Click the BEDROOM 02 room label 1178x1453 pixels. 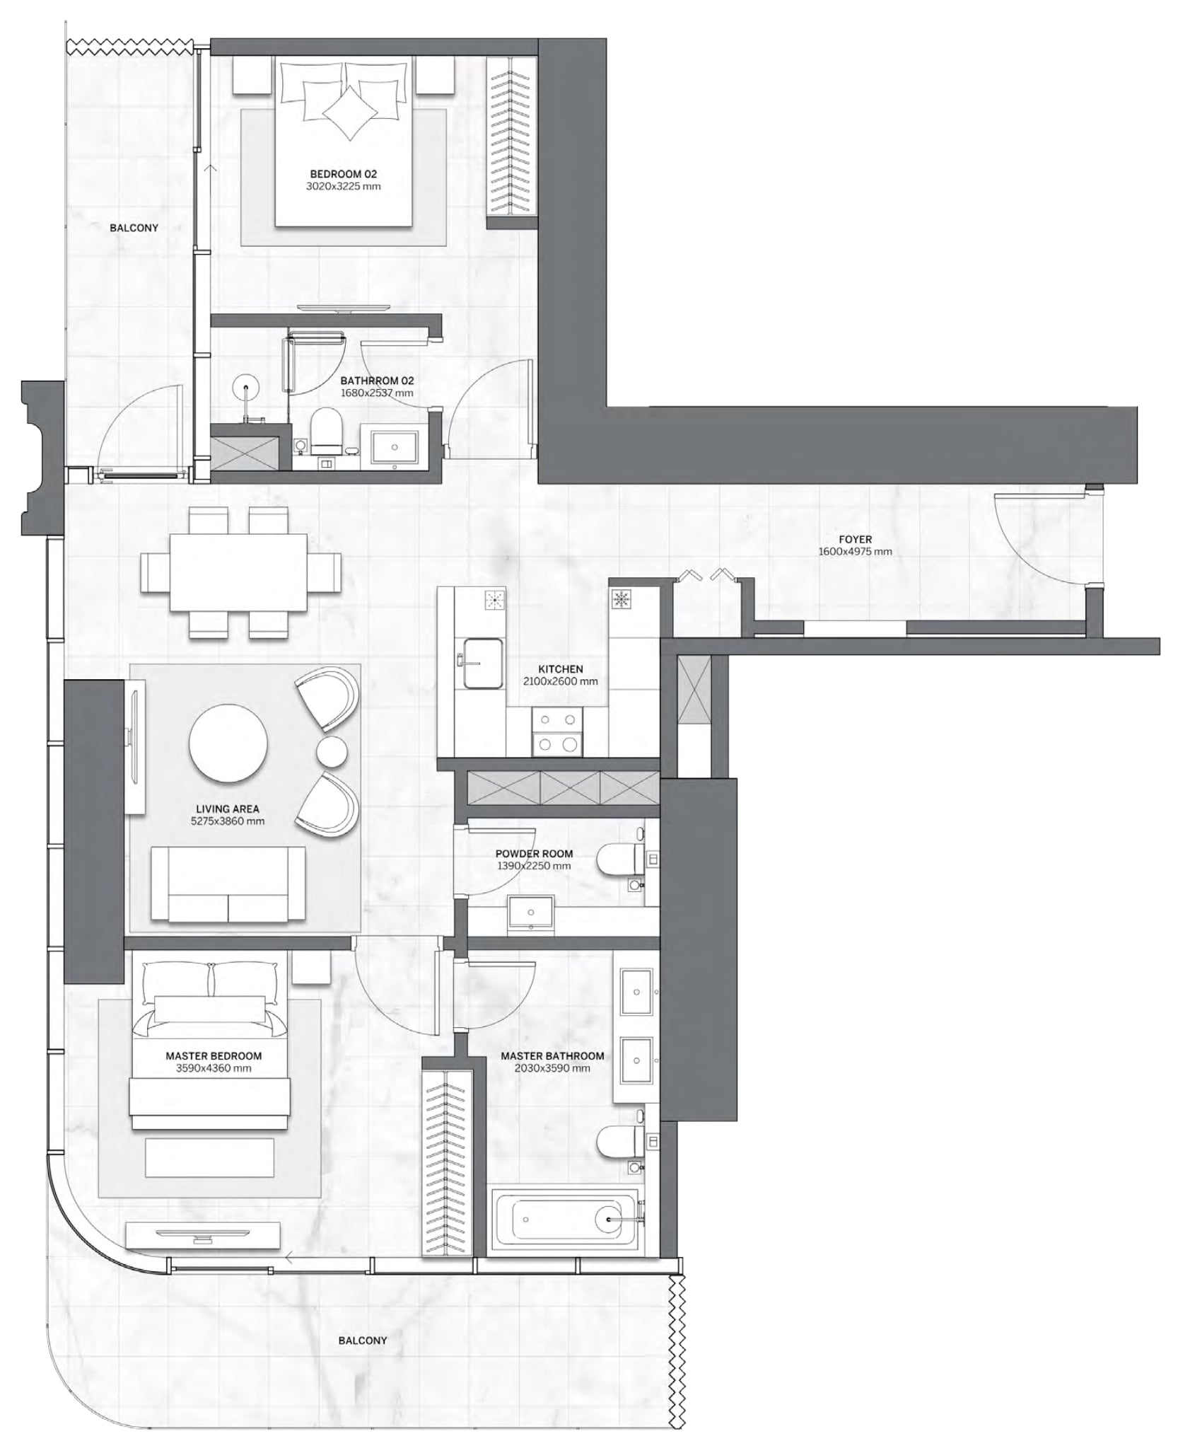click(343, 174)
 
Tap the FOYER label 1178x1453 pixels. click(855, 539)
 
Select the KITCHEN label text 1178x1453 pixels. click(560, 668)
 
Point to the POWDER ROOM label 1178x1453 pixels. click(534, 853)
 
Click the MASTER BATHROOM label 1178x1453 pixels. click(552, 1055)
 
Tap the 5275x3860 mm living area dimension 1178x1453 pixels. click(228, 821)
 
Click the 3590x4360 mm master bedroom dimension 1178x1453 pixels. click(214, 1068)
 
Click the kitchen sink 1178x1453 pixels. click(483, 663)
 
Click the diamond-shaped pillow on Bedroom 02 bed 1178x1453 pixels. click(351, 113)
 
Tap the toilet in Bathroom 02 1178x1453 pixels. click(326, 429)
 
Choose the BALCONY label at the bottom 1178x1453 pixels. click(362, 1341)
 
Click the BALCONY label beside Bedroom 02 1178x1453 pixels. click(134, 228)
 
